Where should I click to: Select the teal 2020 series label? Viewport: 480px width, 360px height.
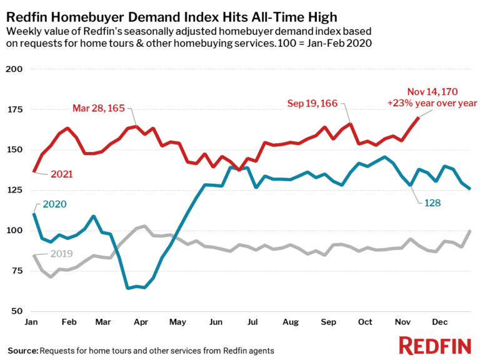(55, 204)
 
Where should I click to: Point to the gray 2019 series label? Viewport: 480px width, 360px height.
(61, 254)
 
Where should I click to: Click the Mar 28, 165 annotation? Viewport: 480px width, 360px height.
(99, 108)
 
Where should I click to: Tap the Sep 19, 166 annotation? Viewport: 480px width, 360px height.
(313, 103)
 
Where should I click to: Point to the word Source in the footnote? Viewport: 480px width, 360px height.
(22, 349)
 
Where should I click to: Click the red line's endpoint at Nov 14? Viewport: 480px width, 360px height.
(418, 117)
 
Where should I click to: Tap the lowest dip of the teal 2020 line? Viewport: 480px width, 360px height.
(127, 288)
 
